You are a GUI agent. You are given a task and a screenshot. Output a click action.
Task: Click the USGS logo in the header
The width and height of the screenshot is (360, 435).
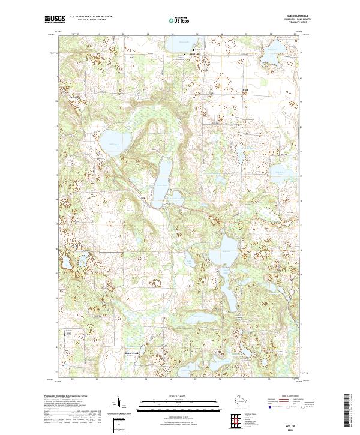coord(55,20)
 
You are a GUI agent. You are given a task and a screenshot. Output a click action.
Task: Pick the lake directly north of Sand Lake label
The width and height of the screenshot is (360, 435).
coord(183,44)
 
